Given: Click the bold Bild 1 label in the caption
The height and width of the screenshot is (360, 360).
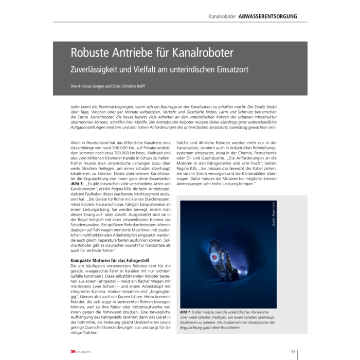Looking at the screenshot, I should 187,313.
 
